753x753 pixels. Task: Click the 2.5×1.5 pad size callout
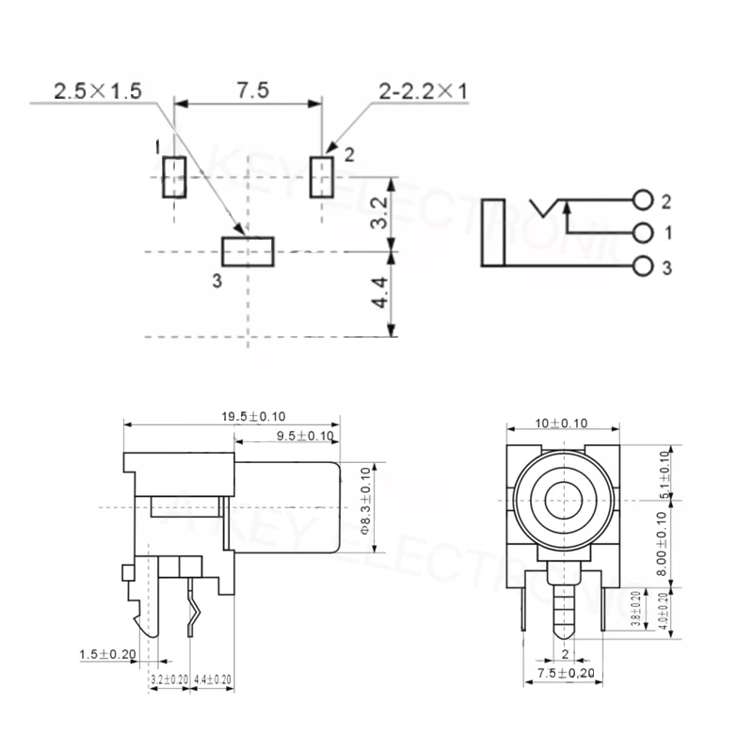pyautogui.click(x=97, y=91)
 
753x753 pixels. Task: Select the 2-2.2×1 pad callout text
pyautogui.click(x=423, y=91)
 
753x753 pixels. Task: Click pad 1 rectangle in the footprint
pyautogui.click(x=173, y=177)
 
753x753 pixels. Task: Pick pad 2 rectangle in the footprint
pyautogui.click(x=322, y=176)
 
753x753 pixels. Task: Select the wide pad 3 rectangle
pyautogui.click(x=247, y=251)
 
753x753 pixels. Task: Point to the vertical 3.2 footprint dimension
pyautogui.click(x=378, y=215)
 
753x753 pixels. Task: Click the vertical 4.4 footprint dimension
pyautogui.click(x=378, y=294)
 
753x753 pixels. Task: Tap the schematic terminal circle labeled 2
pyautogui.click(x=643, y=200)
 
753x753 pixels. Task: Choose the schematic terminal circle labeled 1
pyautogui.click(x=643, y=232)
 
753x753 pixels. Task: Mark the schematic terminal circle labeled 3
pyautogui.click(x=643, y=266)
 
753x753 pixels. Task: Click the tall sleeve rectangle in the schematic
pyautogui.click(x=494, y=232)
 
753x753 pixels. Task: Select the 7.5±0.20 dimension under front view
pyautogui.click(x=563, y=674)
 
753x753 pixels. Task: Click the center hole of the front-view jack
pyautogui.click(x=564, y=498)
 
